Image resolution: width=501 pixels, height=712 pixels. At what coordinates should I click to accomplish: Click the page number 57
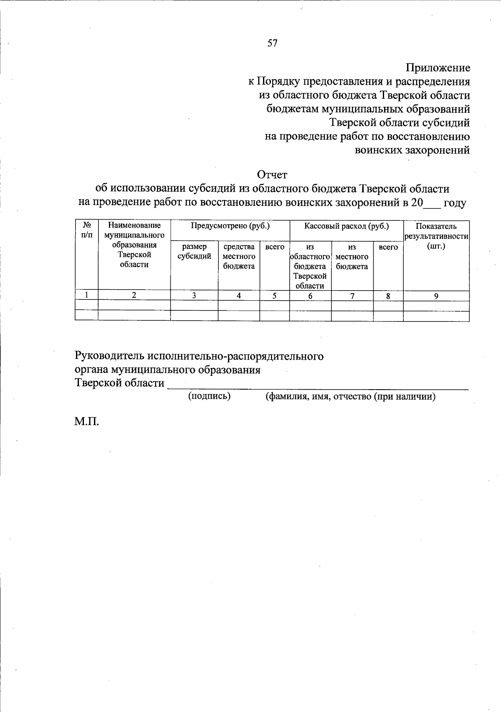click(x=272, y=43)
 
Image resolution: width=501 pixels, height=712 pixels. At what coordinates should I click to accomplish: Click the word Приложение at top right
click(x=438, y=68)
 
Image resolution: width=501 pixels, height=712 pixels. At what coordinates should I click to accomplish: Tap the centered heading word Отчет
click(x=272, y=175)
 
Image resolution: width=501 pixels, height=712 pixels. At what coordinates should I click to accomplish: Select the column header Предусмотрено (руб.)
click(x=230, y=226)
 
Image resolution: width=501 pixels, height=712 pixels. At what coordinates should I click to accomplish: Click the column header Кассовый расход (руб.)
click(x=347, y=226)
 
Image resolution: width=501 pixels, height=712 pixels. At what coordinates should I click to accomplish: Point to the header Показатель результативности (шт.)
click(x=436, y=236)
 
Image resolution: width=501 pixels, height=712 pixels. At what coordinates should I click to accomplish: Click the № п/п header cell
click(x=86, y=231)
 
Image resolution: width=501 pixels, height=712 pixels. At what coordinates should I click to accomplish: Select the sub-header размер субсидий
click(x=194, y=251)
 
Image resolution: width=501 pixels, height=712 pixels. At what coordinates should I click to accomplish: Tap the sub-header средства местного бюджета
click(x=239, y=256)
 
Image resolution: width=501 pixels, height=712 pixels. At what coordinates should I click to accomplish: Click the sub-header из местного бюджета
click(x=352, y=257)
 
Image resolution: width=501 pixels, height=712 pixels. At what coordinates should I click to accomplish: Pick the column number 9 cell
click(x=436, y=296)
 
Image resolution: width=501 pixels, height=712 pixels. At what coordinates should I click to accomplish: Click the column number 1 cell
click(x=86, y=295)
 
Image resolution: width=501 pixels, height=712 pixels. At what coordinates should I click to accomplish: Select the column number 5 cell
click(x=274, y=296)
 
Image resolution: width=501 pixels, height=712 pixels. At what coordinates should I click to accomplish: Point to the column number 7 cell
click(x=352, y=296)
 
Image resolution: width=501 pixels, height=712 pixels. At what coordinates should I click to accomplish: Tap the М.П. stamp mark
click(x=87, y=422)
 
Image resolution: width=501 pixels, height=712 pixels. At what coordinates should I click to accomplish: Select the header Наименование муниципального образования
click(x=134, y=245)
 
